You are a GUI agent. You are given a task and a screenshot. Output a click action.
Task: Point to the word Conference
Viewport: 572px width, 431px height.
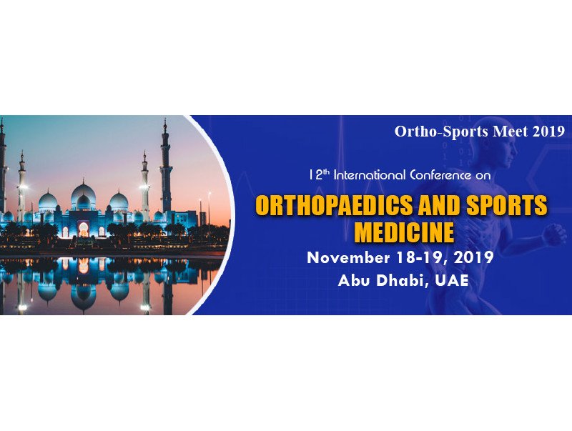tap(440, 175)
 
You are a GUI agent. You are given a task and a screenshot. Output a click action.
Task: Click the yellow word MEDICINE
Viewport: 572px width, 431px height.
tap(404, 232)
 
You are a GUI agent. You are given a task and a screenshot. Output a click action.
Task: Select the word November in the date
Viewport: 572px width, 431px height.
tap(348, 257)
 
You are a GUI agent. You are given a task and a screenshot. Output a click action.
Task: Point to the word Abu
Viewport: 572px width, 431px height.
tap(353, 280)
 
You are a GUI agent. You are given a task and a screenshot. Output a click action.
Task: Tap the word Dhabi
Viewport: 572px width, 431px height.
tap(403, 281)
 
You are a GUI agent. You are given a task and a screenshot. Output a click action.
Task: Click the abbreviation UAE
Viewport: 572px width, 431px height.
tap(452, 280)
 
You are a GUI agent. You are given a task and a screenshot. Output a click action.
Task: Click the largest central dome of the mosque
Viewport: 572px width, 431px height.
tap(83, 195)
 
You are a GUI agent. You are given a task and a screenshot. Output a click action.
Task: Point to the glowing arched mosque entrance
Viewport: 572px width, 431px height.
tap(83, 229)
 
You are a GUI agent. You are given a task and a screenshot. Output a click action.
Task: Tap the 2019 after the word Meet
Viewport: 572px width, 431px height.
tap(548, 132)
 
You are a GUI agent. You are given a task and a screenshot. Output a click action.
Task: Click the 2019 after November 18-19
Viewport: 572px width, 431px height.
tap(474, 257)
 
